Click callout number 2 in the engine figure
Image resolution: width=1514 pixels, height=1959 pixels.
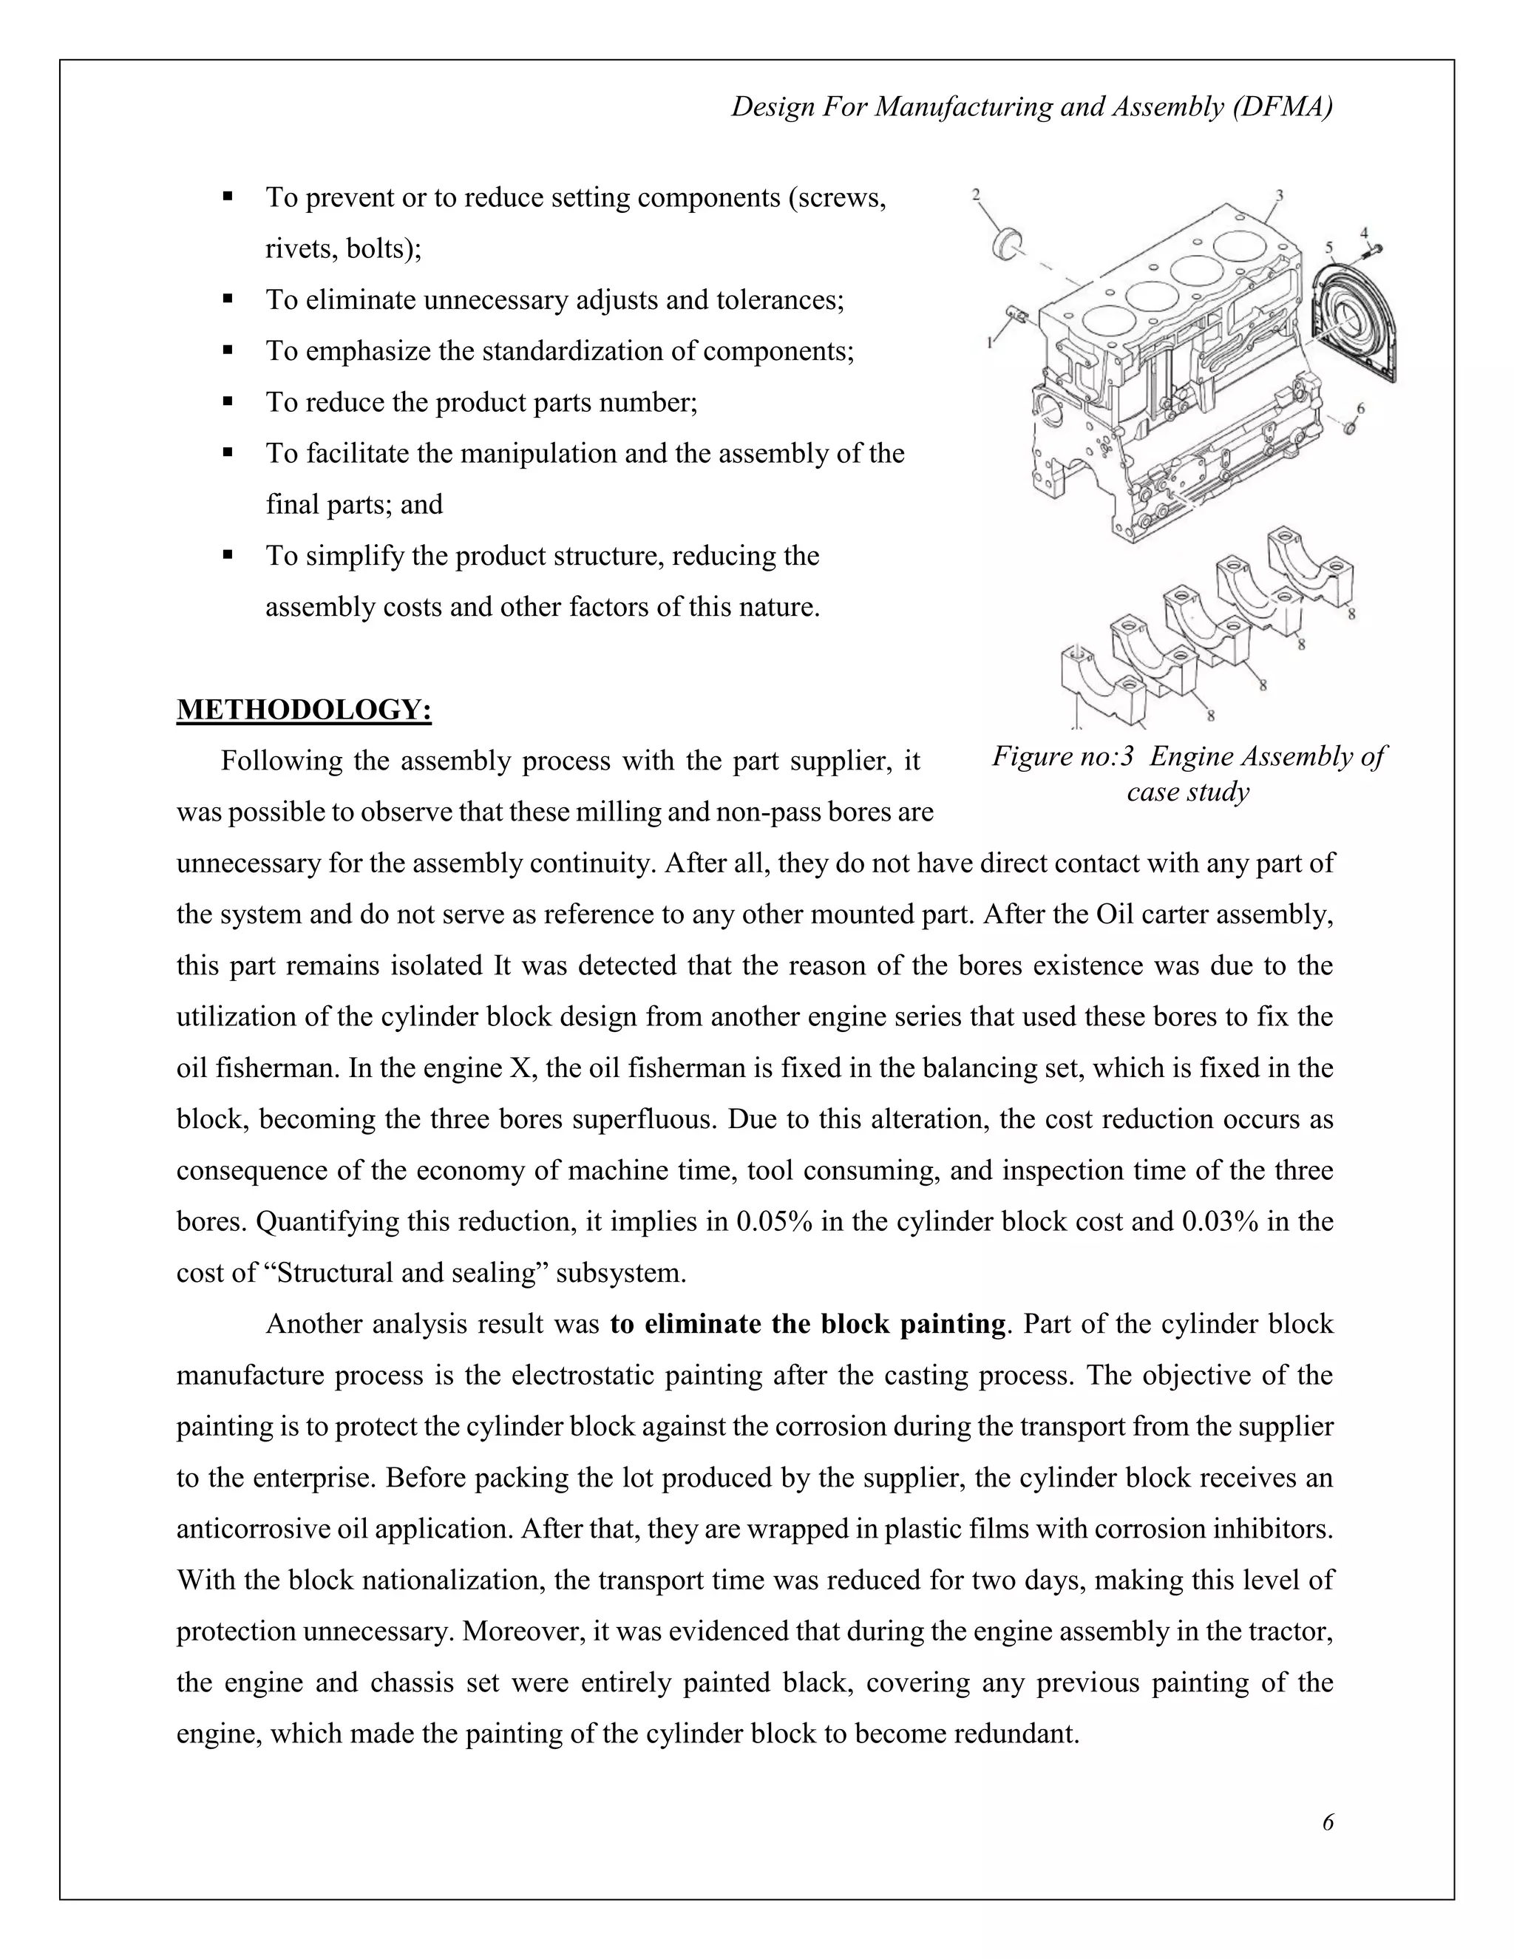click(x=976, y=193)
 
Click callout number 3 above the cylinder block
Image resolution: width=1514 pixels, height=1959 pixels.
click(x=1279, y=194)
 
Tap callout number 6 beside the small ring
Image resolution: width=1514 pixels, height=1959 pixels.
click(x=1361, y=408)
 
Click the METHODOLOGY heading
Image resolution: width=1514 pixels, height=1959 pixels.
click(x=304, y=710)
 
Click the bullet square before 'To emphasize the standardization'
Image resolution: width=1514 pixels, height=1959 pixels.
click(x=228, y=349)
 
